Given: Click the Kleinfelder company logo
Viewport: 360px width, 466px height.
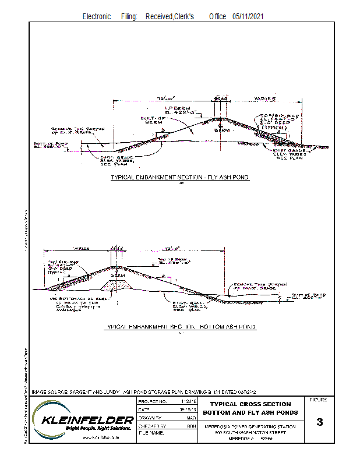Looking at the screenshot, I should (x=82, y=421).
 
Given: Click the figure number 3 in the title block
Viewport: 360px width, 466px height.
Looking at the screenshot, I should (x=319, y=422).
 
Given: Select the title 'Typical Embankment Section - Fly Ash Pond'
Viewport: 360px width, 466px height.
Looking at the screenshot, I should (x=180, y=177).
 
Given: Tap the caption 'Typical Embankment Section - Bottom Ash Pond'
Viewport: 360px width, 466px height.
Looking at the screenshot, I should (x=180, y=328).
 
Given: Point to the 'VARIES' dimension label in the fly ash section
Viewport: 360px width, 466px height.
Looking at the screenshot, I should (x=264, y=99).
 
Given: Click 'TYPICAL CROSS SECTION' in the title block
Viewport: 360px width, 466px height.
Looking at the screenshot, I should (x=250, y=404).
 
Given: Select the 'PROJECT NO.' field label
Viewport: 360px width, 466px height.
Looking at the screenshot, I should (x=153, y=402).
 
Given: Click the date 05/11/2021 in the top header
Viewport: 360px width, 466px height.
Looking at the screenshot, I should (x=248, y=17).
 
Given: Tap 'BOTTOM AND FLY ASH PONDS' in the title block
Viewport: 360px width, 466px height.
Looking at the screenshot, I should (x=250, y=412).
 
